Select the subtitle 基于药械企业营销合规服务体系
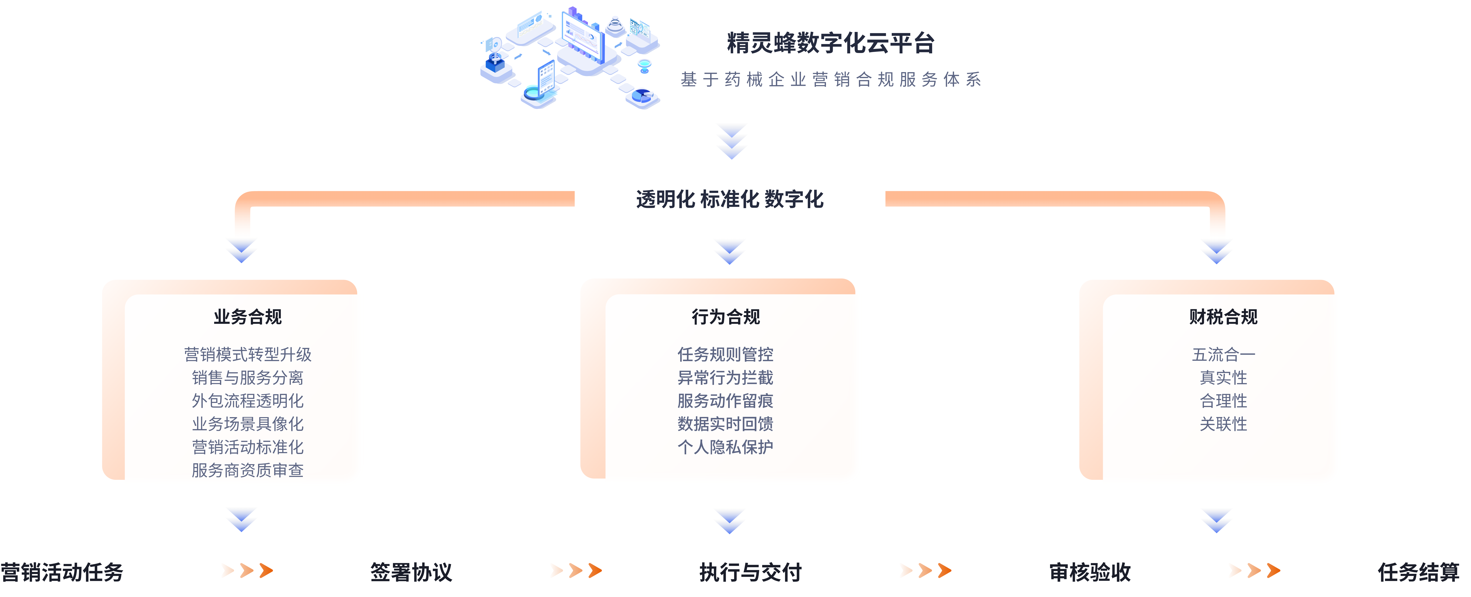(x=831, y=79)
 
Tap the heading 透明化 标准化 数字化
(x=730, y=199)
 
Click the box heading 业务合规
(x=248, y=317)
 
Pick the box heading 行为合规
(x=726, y=317)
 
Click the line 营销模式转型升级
(x=248, y=354)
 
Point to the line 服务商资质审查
(x=248, y=470)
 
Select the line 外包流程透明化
(x=248, y=401)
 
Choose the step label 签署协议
(x=411, y=572)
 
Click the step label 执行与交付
(x=750, y=572)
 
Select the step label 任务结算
(x=1419, y=572)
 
